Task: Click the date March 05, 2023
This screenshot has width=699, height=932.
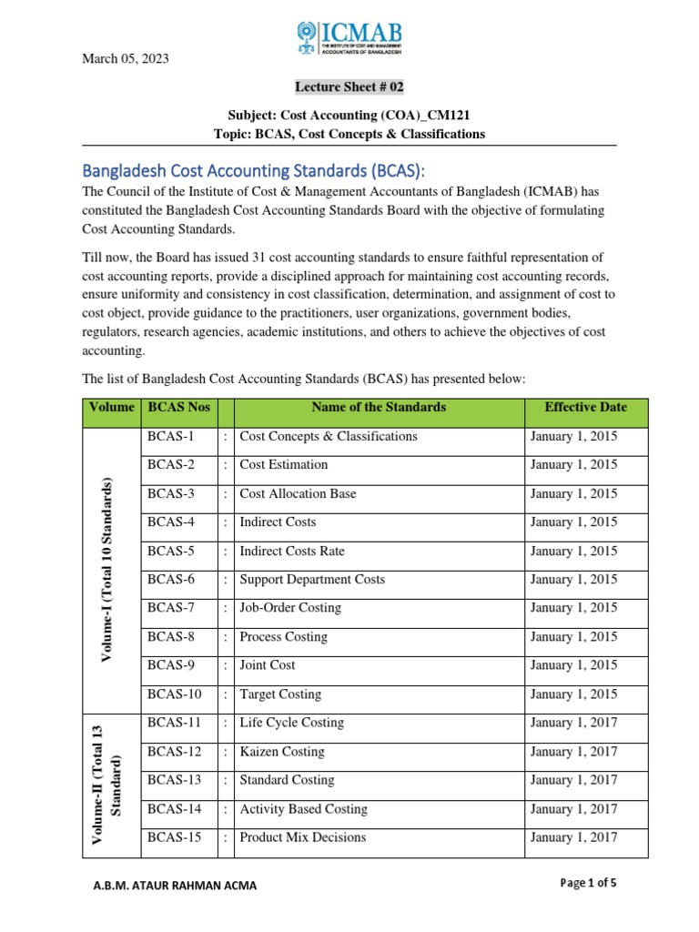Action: [126, 59]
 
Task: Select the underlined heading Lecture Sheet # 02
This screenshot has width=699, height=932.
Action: [349, 87]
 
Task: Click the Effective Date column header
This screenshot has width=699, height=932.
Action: [585, 407]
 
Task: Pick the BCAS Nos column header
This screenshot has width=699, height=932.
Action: [178, 407]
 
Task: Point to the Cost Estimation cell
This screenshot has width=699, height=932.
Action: [283, 465]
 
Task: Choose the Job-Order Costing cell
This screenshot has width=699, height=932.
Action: [289, 608]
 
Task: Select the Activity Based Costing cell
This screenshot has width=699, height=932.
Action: [303, 809]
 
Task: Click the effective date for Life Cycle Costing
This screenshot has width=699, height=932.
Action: [573, 723]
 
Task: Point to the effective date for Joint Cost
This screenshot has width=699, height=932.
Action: [573, 665]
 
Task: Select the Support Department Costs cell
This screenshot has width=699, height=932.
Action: [311, 580]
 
